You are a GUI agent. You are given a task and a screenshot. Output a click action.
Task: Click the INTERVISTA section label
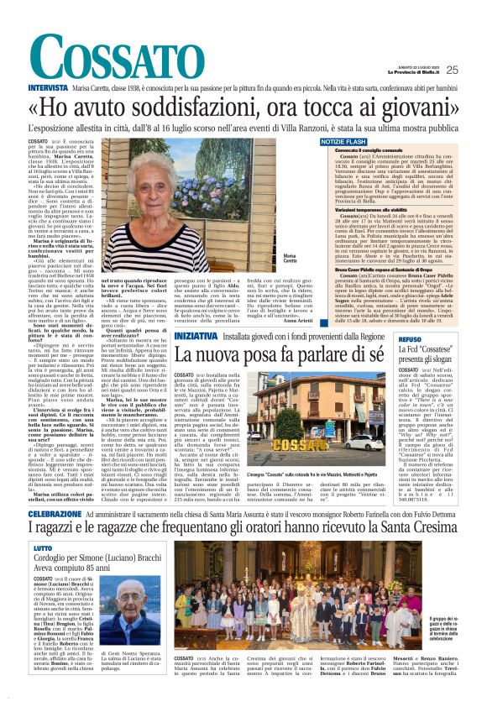pyautogui.click(x=48, y=87)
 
